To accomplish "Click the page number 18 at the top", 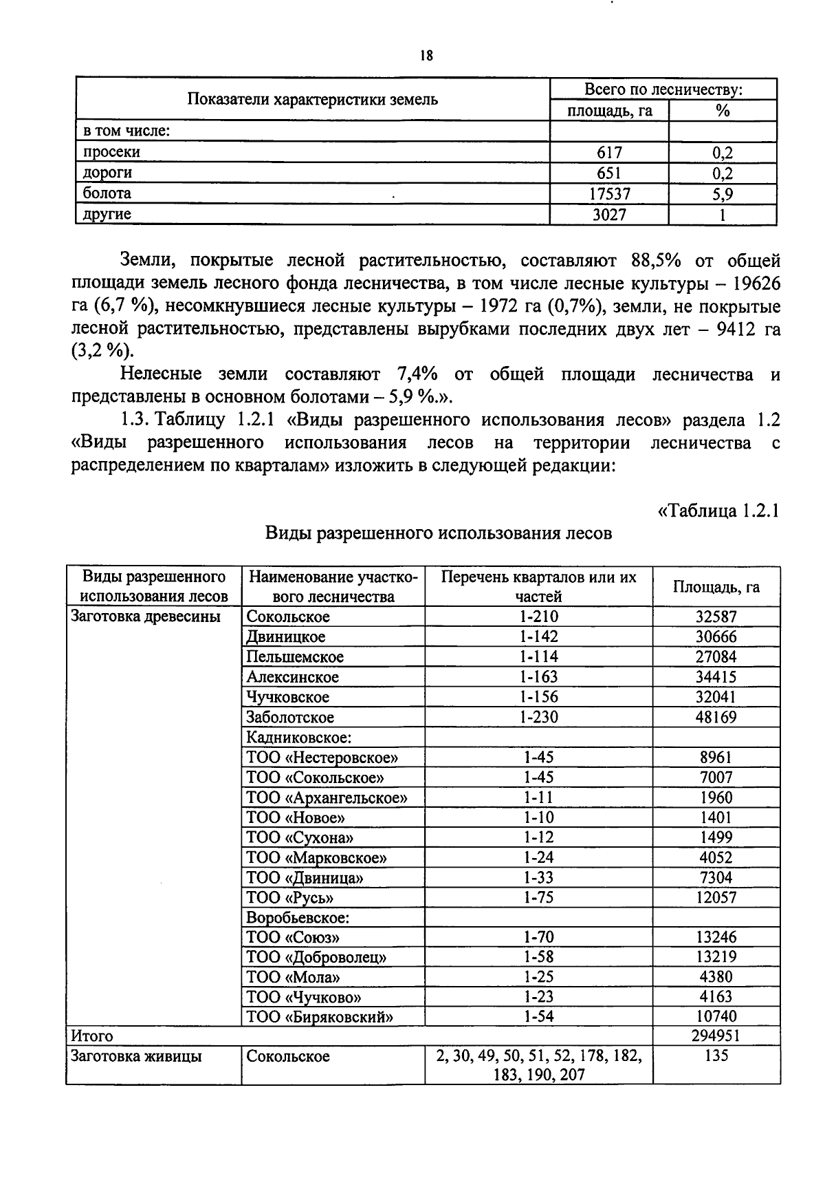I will tap(426, 56).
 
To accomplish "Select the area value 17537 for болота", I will tap(609, 194).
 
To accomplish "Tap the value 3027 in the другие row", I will tap(609, 215).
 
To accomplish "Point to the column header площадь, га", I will tap(609, 111).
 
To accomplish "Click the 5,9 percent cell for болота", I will tap(722, 194).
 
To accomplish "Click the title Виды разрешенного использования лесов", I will tap(439, 533).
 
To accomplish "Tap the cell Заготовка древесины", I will tap(146, 617).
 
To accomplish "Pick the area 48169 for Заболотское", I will tap(716, 718).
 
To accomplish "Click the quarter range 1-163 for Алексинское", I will tap(538, 677).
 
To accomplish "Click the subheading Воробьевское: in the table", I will tap(298, 918).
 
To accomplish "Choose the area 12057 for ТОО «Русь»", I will tap(716, 898).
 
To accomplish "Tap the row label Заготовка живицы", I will tap(136, 1056).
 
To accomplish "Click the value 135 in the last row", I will tap(716, 1056).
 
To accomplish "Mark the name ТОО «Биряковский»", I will tap(320, 1017).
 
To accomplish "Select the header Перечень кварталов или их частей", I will tap(538, 586).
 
